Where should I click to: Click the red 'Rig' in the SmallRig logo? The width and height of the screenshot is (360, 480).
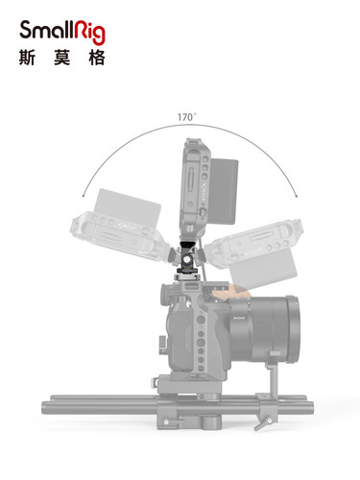(89, 32)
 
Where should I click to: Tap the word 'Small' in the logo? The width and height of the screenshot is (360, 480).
(46, 30)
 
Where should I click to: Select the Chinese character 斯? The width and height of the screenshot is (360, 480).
(27, 58)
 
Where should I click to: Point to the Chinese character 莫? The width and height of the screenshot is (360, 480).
(62, 58)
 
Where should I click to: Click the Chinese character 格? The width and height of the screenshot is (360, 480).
(97, 58)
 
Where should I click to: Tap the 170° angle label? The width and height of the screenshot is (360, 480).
(187, 117)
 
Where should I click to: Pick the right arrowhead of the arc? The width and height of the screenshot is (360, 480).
(297, 195)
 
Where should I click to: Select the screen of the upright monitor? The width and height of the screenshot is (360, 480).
(225, 191)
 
